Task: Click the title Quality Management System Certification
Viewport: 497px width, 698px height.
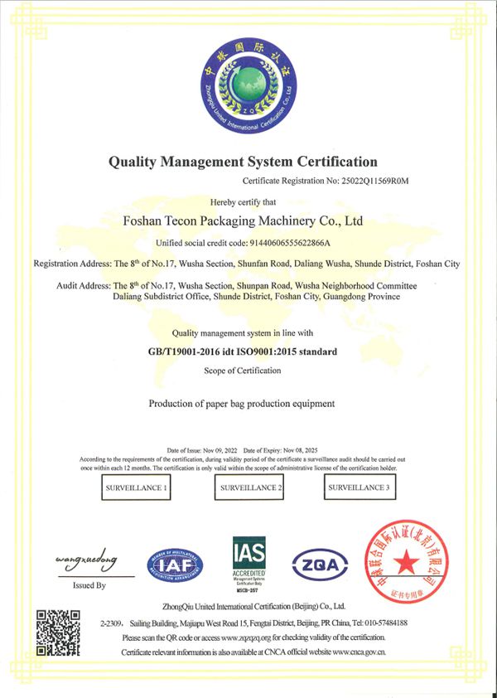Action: click(x=243, y=162)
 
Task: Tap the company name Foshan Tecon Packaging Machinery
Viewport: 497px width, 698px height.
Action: click(x=243, y=221)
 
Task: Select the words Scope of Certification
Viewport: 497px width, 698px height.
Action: click(x=242, y=370)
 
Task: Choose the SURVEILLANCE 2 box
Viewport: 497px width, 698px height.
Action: click(x=249, y=488)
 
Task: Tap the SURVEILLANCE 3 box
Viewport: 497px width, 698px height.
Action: click(x=357, y=487)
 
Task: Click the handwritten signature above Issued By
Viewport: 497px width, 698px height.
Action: click(x=87, y=558)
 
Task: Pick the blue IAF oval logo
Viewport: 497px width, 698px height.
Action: click(x=175, y=565)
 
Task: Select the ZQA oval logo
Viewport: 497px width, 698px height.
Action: click(x=319, y=564)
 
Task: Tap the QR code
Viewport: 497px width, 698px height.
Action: click(x=58, y=633)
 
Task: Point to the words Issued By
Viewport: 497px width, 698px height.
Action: click(x=89, y=585)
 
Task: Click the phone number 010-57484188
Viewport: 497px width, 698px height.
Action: click(x=379, y=623)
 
